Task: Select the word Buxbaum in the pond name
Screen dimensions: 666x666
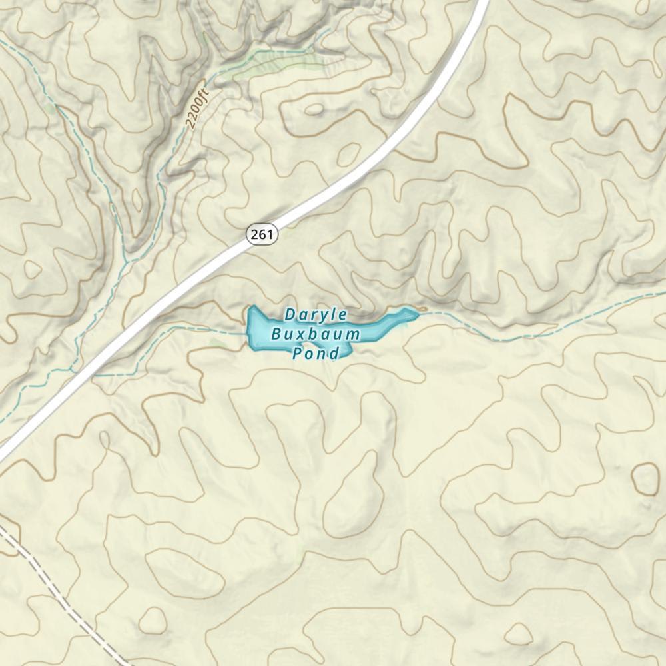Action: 316,334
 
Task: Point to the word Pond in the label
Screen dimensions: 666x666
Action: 316,353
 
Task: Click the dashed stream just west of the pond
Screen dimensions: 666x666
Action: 200,328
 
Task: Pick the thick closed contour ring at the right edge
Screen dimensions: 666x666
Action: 645,478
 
